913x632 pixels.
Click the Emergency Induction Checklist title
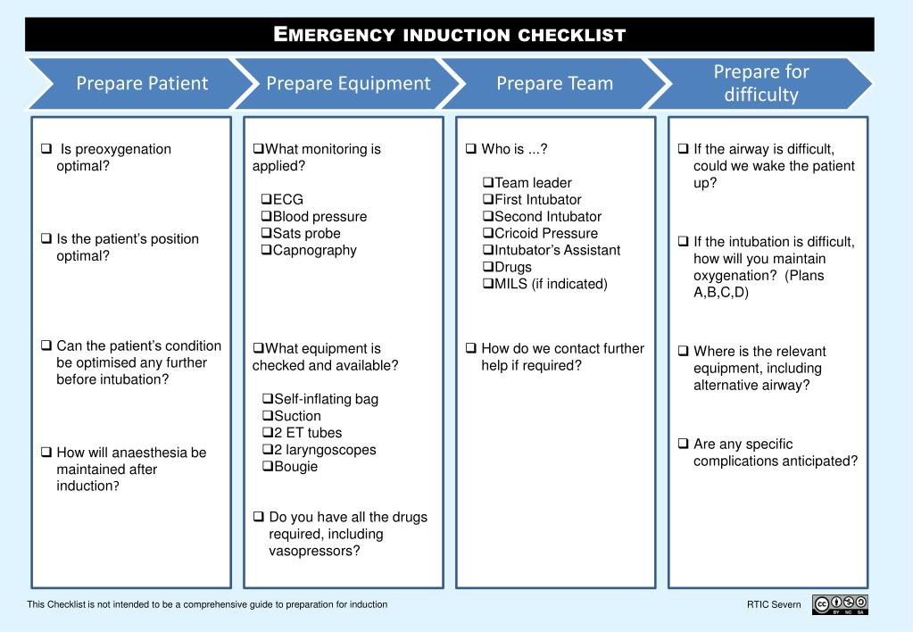pos(450,34)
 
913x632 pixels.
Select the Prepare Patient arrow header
pos(142,83)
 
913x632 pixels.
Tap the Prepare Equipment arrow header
pos(348,83)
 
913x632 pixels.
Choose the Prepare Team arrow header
pos(554,83)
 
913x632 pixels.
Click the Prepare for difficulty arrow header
pos(760,83)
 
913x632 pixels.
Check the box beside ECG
pos(267,199)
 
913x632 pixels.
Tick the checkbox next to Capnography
pos(267,250)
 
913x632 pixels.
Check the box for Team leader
pos(488,182)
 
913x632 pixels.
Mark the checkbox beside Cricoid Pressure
pos(488,233)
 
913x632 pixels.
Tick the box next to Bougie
pos(268,466)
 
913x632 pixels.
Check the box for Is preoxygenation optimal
pos(46,148)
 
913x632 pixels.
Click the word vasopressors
pos(314,551)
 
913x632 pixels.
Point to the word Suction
pos(297,416)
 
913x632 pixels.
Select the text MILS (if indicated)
pos(551,284)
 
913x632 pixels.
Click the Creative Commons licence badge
pos(840,604)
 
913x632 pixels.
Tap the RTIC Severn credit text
pos(774,604)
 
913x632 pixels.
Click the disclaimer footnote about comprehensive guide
pos(207,604)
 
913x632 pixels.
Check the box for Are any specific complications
pos(684,444)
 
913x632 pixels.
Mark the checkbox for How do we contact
pos(471,348)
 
